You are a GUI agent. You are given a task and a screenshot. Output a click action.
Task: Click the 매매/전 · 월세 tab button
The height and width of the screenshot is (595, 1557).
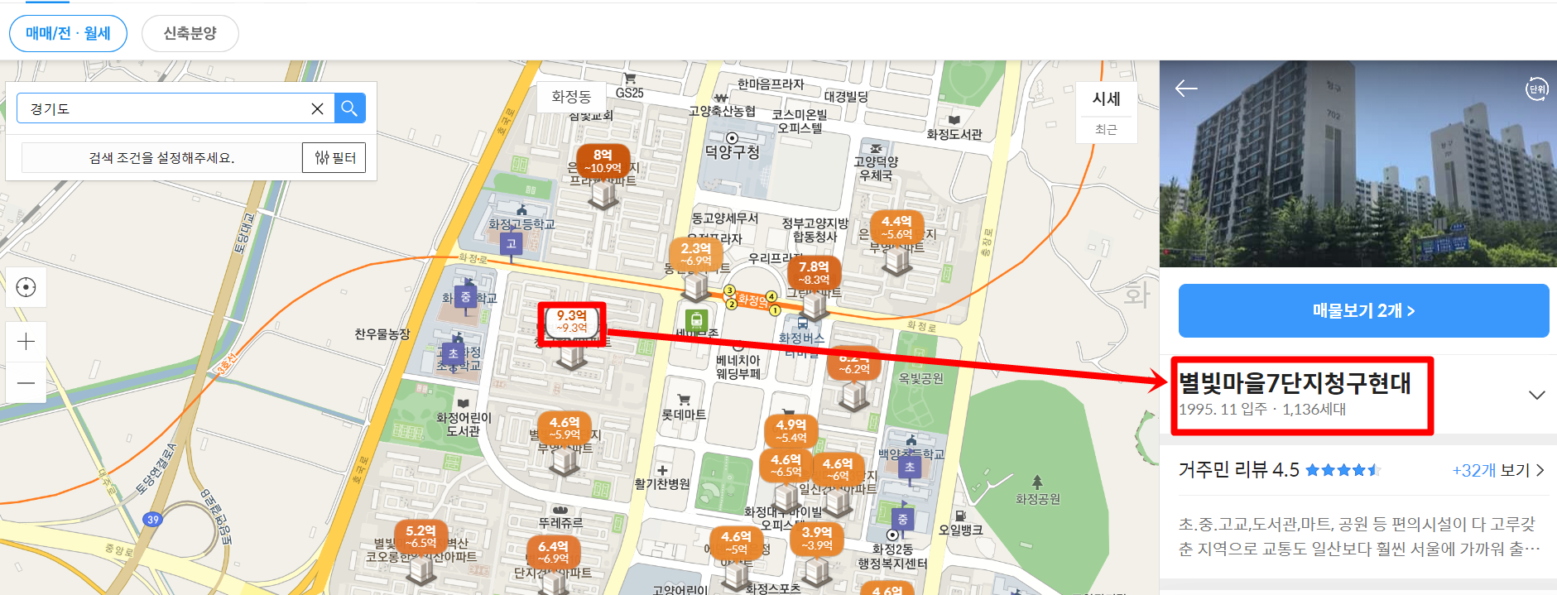(68, 34)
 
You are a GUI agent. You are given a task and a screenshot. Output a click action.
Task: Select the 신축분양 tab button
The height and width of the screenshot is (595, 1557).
(190, 34)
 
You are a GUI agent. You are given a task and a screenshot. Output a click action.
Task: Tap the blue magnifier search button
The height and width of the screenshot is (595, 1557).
(349, 108)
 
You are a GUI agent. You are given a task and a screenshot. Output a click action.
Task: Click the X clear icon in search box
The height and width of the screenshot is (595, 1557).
(317, 108)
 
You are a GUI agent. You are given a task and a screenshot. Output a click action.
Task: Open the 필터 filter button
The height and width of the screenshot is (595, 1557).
(334, 158)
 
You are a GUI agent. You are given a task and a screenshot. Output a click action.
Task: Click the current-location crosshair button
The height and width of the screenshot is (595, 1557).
(26, 287)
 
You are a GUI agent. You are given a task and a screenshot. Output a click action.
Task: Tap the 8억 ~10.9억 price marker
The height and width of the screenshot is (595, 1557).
(603, 161)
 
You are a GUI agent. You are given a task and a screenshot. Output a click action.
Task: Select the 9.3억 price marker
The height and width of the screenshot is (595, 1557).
(572, 321)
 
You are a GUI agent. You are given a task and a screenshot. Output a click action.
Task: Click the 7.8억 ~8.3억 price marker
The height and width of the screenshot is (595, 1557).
(814, 272)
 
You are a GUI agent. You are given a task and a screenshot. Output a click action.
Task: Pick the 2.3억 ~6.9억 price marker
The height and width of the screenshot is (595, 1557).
(695, 254)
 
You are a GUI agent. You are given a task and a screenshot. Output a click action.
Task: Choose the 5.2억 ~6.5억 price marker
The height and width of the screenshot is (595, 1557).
(420, 536)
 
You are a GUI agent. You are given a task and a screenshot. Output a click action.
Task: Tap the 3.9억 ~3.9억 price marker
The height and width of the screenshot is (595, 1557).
(816, 538)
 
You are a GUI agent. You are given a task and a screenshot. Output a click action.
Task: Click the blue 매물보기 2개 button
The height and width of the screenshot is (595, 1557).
(1363, 311)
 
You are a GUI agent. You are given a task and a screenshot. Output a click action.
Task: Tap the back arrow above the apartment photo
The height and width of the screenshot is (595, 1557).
(1186, 89)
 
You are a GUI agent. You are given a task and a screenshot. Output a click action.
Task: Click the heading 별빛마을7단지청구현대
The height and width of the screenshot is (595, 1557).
(1295, 383)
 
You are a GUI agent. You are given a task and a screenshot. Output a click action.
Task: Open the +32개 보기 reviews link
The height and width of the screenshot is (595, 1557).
(1497, 470)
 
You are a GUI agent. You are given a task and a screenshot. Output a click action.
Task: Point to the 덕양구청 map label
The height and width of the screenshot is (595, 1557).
(732, 152)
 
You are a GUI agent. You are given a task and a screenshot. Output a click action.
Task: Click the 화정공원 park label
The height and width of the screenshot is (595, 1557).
(1037, 499)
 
